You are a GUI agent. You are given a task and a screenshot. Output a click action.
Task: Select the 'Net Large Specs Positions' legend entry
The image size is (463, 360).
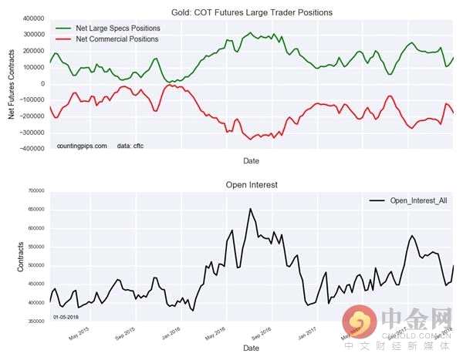tap(117, 28)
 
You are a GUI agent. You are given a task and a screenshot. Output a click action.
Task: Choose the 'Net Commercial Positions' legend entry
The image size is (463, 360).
tap(117, 39)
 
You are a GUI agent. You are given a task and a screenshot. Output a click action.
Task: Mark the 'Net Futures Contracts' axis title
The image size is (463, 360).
tap(12, 83)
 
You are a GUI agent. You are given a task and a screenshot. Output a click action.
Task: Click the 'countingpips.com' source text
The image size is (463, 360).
tap(82, 145)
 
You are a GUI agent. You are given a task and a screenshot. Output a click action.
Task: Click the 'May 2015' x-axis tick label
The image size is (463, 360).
tap(84, 336)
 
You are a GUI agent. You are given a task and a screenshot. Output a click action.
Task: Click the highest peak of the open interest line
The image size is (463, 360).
tap(250, 208)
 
